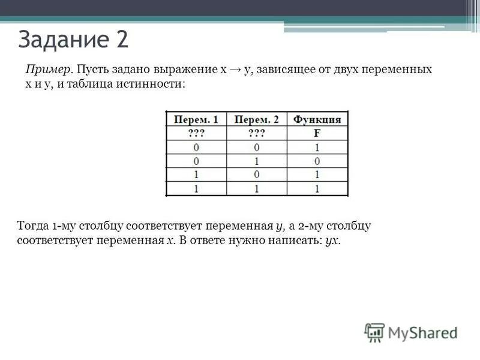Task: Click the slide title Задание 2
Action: point(73,40)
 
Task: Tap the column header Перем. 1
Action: point(196,119)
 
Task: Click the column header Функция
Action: point(317,119)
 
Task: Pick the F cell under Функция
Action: point(317,133)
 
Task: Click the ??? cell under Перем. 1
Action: point(196,133)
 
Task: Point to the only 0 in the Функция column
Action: point(317,161)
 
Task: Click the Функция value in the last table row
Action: point(317,188)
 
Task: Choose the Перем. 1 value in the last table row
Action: point(196,188)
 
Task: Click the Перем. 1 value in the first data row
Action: point(196,147)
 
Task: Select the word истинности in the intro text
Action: point(154,85)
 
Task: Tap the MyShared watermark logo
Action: point(410,332)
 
